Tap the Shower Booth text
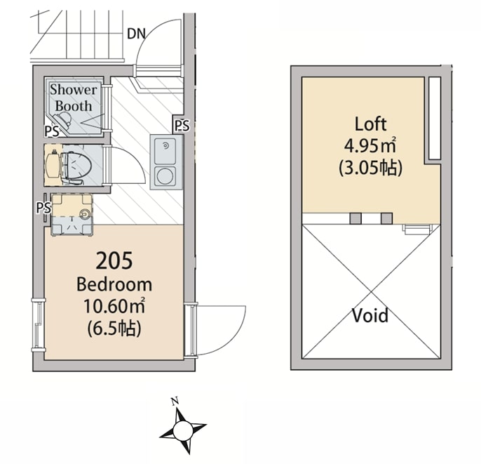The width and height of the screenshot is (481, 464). pyautogui.click(x=73, y=98)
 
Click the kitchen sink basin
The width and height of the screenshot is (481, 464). pyautogui.click(x=165, y=152)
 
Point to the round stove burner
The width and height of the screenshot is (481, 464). pyautogui.click(x=165, y=175)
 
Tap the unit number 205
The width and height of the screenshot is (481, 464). pyautogui.click(x=114, y=261)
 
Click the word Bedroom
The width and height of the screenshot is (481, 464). pyautogui.click(x=114, y=284)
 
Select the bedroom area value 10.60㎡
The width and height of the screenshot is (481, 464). pyautogui.click(x=114, y=307)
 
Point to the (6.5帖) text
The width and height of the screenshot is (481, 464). pyautogui.click(x=114, y=328)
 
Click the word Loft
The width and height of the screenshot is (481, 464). pyautogui.click(x=370, y=125)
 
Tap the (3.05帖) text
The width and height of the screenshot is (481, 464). pyautogui.click(x=370, y=168)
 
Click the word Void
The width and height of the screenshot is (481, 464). pyautogui.click(x=370, y=316)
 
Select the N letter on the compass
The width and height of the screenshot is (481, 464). pyautogui.click(x=175, y=402)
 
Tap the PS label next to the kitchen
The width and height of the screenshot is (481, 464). pyautogui.click(x=182, y=126)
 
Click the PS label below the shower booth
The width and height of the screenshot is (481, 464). pyautogui.click(x=51, y=131)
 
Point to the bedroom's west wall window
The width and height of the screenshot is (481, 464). pyautogui.click(x=38, y=324)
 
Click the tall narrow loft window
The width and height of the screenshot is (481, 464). pyautogui.click(x=434, y=118)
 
